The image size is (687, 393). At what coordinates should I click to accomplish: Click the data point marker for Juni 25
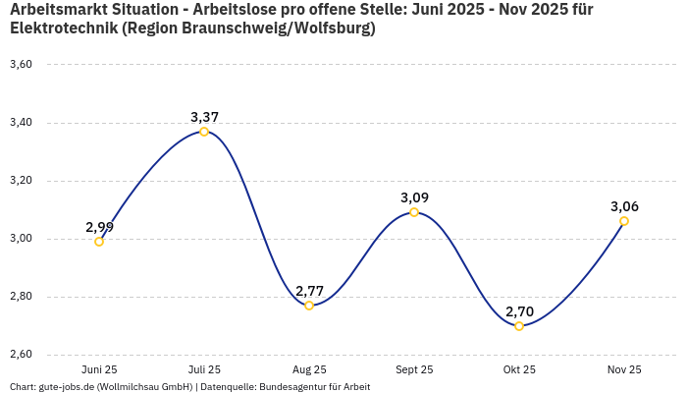[x=99, y=242]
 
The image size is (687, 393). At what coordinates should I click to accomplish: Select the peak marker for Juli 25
[x=204, y=132]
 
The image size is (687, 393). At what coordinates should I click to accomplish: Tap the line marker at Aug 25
[x=309, y=306]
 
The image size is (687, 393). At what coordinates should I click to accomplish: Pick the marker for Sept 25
[x=414, y=212]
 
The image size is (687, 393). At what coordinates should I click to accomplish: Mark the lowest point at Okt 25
[x=519, y=326]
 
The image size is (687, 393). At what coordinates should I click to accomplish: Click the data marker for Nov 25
[x=624, y=221]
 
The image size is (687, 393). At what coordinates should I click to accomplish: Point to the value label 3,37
[x=204, y=117]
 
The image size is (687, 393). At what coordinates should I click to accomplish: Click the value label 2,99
[x=99, y=227]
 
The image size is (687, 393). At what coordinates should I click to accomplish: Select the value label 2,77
[x=309, y=291]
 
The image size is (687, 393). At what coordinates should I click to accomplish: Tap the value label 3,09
[x=414, y=197]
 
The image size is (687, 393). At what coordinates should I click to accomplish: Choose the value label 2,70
[x=519, y=311]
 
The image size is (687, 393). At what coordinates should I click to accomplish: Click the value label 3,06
[x=624, y=206]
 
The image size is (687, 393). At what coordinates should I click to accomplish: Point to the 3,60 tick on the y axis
[x=21, y=65]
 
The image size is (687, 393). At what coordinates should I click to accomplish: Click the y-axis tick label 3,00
[x=21, y=239]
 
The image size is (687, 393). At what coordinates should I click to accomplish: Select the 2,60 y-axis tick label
[x=21, y=355]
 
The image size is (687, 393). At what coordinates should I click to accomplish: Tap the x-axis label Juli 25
[x=204, y=369]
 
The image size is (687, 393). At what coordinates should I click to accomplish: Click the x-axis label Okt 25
[x=519, y=369]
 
